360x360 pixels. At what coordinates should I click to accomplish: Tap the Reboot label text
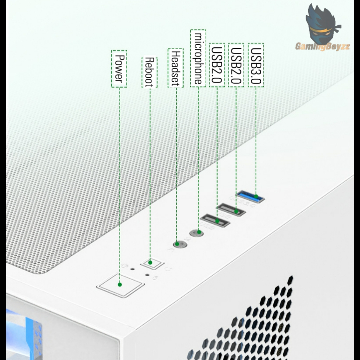tap(149, 72)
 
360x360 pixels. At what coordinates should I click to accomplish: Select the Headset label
tap(175, 69)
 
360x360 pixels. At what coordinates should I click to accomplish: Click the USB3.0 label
tap(256, 65)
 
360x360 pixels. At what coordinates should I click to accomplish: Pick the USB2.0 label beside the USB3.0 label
tap(236, 65)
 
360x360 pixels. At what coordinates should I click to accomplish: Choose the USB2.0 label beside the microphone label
tap(217, 65)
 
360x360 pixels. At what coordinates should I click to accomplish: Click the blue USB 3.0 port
tap(251, 197)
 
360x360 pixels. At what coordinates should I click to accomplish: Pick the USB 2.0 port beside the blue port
tap(231, 210)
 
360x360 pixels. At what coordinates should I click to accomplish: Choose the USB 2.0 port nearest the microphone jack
tap(215, 221)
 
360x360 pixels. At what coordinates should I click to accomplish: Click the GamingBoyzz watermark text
tap(322, 46)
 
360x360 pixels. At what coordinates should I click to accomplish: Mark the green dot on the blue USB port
tap(256, 197)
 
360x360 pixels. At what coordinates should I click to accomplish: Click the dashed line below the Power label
tap(120, 176)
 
